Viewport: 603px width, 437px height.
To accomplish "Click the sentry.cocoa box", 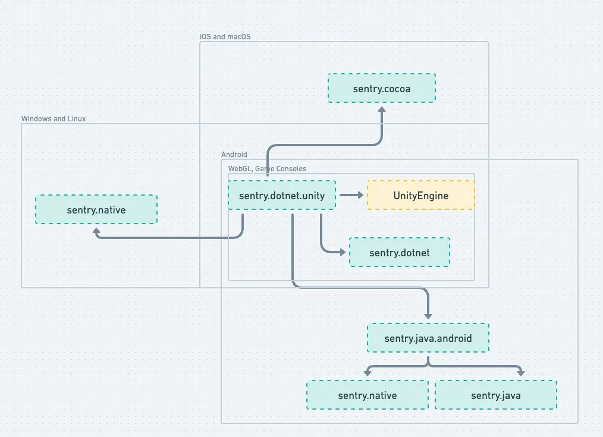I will point(382,88).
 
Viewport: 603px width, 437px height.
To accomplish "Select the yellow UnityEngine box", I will point(420,196).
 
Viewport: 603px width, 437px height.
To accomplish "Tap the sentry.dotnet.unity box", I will point(282,196).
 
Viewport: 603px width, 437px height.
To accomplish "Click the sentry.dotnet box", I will point(399,253).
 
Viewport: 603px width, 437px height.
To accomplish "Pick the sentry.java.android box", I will point(428,338).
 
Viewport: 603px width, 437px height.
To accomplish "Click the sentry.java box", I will point(495,395).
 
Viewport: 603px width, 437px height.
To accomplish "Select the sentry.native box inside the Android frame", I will point(367,395).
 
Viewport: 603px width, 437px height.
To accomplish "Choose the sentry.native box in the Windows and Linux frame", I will point(96,210).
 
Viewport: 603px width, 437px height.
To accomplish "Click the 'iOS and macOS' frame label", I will point(225,37).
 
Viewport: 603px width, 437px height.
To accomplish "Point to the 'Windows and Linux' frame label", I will point(54,119).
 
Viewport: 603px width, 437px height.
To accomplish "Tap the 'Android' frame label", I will point(234,155).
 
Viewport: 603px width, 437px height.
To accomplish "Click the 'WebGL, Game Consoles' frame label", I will point(267,169).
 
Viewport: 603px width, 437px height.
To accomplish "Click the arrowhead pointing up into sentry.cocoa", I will point(382,111).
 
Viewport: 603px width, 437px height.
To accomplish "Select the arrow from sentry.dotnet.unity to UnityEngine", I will point(351,195).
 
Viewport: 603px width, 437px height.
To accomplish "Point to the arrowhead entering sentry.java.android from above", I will point(428,315).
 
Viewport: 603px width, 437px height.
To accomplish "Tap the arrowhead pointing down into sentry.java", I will point(521,373).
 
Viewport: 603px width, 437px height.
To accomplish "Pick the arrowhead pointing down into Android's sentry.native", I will point(368,373).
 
